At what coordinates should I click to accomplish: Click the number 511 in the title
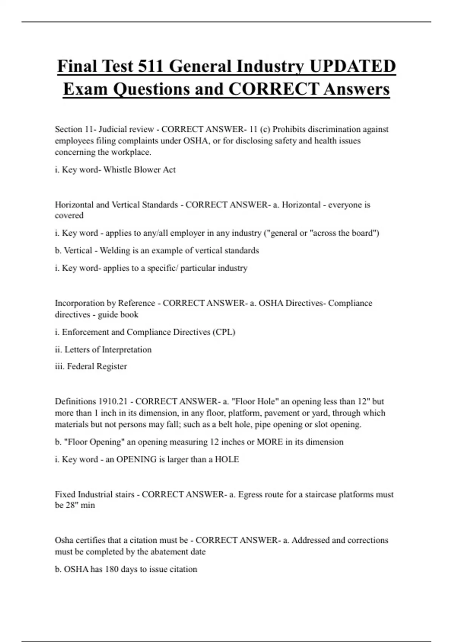point(151,66)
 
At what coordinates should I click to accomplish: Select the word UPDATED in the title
point(353,66)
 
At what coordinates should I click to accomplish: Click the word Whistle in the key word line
point(117,170)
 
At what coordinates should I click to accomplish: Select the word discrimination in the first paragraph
point(334,129)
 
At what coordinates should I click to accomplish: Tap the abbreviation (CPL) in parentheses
point(224,332)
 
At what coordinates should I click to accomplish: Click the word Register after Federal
point(112,366)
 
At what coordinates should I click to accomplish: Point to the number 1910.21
point(113,401)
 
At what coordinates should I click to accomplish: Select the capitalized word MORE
point(270,442)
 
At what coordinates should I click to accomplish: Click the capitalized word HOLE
point(227,459)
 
